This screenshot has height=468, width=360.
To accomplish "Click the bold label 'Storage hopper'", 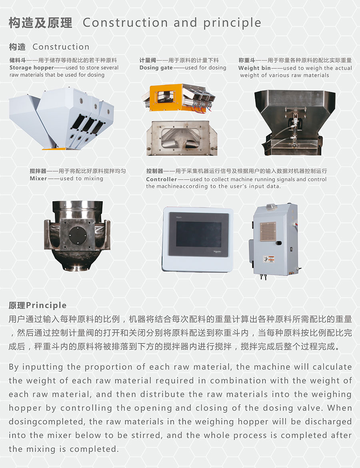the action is pos(32,68).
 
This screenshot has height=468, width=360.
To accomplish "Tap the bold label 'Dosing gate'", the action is pos(156,68).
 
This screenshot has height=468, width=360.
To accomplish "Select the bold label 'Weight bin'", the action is pos(254,68).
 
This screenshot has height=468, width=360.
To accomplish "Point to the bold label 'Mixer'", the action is pos(38,178).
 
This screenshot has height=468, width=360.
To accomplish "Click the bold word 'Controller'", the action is pos(161,179).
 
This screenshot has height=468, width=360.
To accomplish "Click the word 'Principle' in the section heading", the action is pos(46,305).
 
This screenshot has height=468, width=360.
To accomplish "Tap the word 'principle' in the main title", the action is pos(232,23).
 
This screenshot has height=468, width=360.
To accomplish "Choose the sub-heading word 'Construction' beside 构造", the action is pos(61,47).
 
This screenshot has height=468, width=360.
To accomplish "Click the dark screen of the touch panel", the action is pos(198,234).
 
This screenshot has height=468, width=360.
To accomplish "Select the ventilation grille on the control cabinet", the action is pos(268,231).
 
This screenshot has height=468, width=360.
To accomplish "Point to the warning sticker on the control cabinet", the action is pos(269,259).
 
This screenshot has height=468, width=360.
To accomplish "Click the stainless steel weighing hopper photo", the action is pos(295,122).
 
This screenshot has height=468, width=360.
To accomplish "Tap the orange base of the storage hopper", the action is pos(57,148).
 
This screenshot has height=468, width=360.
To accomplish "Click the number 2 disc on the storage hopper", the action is pos(96,106).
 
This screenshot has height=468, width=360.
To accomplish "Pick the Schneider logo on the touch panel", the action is pos(217,252).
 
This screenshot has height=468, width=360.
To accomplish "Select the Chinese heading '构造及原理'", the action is pos(40,23).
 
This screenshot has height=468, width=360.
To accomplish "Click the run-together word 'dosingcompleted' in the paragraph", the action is pos(46,422).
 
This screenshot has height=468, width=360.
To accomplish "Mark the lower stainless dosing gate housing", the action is pos(182,138).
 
